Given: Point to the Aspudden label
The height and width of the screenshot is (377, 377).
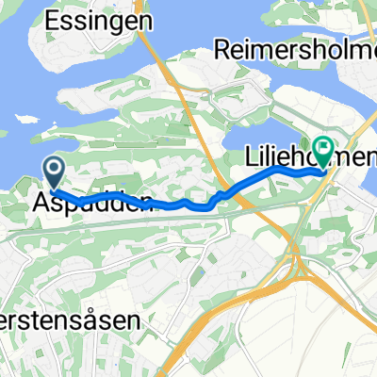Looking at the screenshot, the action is (x=90, y=203).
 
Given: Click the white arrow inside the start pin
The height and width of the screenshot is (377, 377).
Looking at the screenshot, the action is (x=54, y=170).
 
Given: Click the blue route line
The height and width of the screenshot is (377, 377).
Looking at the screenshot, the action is (x=170, y=204).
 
